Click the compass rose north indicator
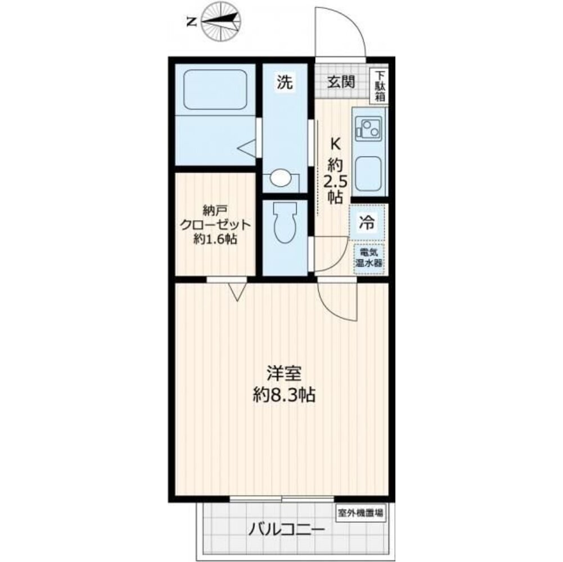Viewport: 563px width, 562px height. (x=220, y=22)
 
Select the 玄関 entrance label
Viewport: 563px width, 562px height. (x=341, y=82)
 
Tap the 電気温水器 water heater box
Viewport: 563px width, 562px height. (x=368, y=259)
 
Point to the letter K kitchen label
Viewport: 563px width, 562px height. (x=335, y=144)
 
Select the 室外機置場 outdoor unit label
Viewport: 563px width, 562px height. (x=361, y=513)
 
